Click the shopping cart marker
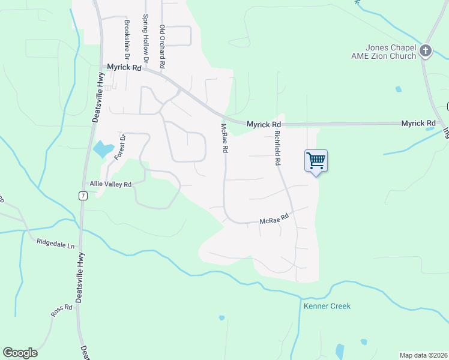(316, 161)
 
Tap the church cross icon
(426, 51)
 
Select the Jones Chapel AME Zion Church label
(391, 52)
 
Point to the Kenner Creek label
(327, 306)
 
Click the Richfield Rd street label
(278, 149)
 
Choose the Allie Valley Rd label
(110, 184)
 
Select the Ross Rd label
(61, 310)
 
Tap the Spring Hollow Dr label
(145, 34)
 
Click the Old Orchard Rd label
(162, 46)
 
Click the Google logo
(20, 353)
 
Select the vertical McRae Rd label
(224, 138)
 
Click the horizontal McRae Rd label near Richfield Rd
(275, 221)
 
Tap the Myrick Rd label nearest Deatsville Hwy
(124, 68)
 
